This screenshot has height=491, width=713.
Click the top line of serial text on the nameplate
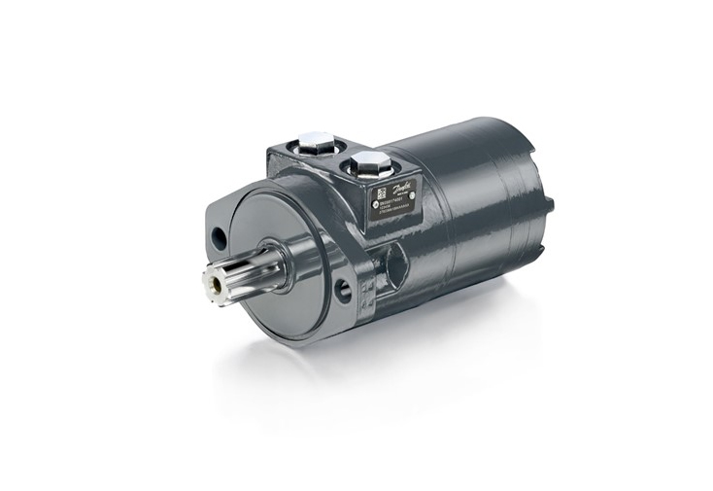point(392,205)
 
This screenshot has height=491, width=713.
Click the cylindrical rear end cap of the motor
point(505,194)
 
